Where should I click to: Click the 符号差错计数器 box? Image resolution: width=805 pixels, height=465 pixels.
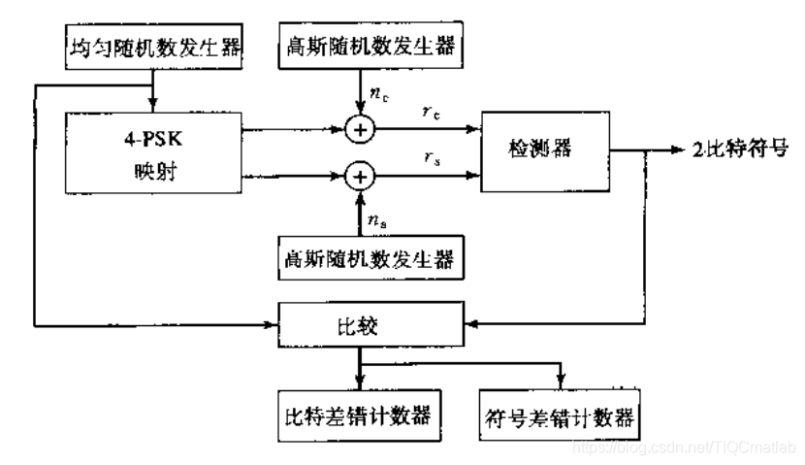pyautogui.click(x=559, y=416)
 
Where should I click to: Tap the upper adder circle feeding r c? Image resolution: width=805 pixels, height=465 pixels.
pyautogui.click(x=360, y=126)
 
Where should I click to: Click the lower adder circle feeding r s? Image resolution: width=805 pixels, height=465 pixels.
pyautogui.click(x=360, y=176)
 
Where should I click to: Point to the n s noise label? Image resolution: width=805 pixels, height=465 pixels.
pyautogui.click(x=379, y=222)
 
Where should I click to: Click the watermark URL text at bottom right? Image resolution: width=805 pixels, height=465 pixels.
pyautogui.click(x=683, y=448)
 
